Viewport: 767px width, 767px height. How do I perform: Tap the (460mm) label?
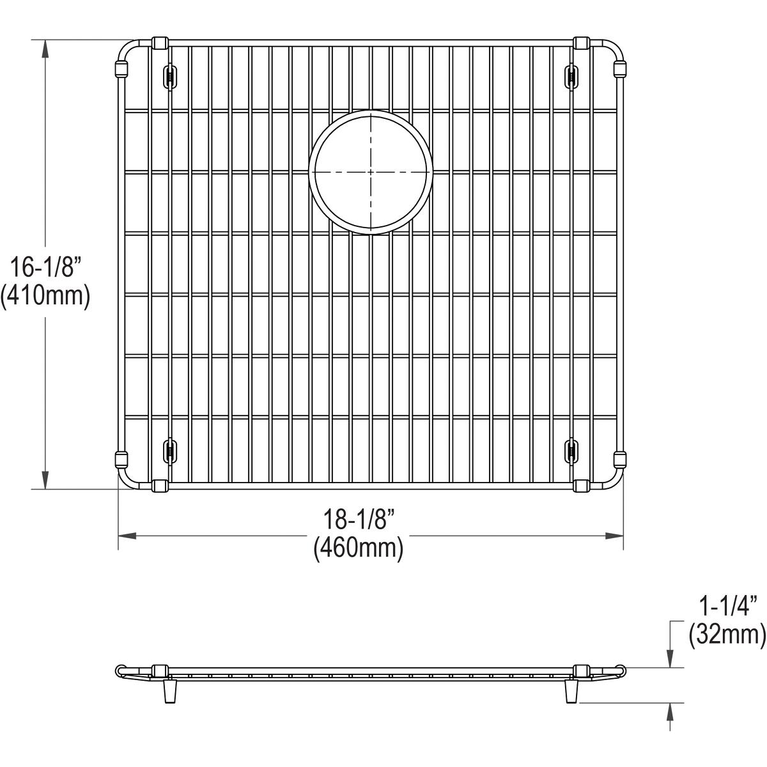(x=358, y=548)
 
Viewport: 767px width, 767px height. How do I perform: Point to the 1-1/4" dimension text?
(x=726, y=603)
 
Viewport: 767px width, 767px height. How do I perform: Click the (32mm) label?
(x=726, y=633)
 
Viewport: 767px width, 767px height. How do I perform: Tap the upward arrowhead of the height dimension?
(x=45, y=49)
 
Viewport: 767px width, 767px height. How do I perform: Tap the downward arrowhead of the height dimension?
(x=45, y=480)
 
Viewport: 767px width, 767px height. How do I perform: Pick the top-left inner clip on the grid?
(x=170, y=76)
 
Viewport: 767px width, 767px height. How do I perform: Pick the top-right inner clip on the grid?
(x=571, y=76)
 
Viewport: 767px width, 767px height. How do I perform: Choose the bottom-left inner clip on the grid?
(x=170, y=450)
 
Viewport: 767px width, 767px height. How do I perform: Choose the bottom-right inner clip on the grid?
(x=571, y=450)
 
